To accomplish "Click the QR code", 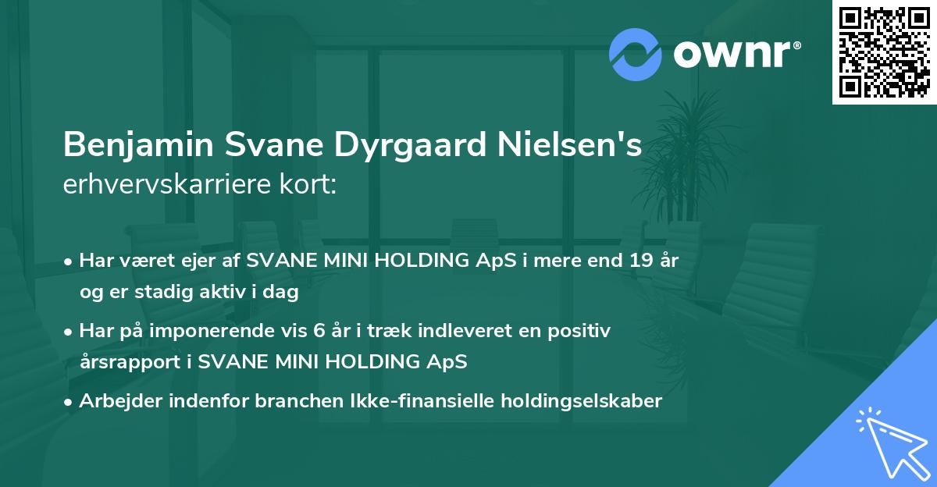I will pos(885,52).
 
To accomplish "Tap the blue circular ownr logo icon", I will pos(635,53).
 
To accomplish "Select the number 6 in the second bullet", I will pos(319,331).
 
